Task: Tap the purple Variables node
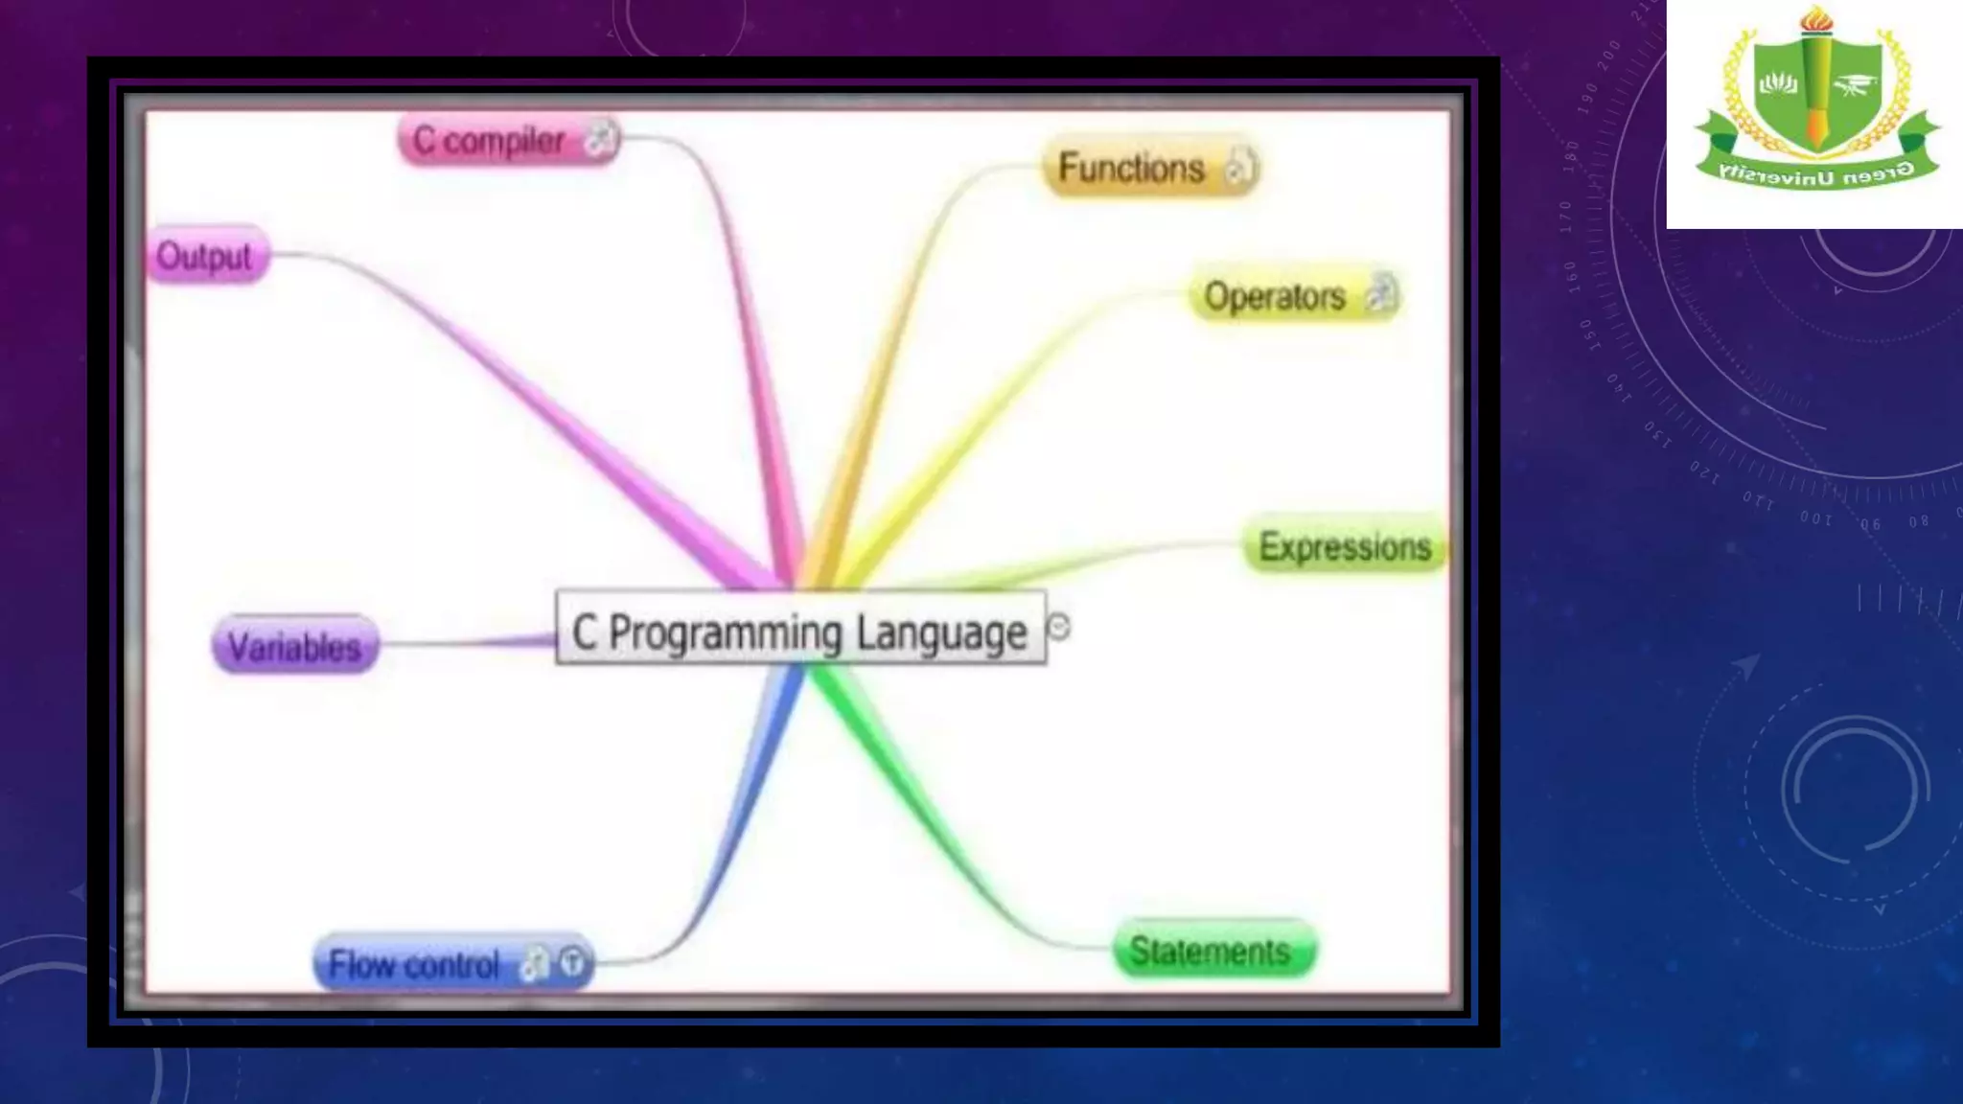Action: [294, 647]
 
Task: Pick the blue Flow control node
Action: [415, 963]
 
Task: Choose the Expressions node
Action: [1344, 546]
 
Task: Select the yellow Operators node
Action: [1275, 296]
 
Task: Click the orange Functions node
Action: [1131, 168]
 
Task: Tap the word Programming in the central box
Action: [726, 633]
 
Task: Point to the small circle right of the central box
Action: [1059, 627]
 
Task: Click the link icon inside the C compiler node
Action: [600, 140]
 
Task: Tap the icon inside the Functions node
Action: [1239, 168]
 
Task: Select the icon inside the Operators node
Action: [1380, 293]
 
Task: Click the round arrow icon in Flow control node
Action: [572, 962]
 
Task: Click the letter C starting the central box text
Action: [584, 633]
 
